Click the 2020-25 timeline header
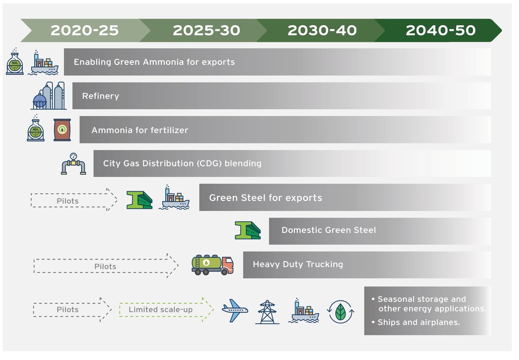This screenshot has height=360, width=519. (x=85, y=30)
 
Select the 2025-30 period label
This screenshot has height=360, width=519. (x=206, y=30)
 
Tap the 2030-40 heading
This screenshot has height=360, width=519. (x=322, y=30)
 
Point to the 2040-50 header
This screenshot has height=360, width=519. (x=441, y=30)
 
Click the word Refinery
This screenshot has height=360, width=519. (x=101, y=96)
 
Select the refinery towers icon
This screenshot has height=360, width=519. (x=49, y=96)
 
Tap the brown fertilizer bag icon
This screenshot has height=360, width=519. (x=62, y=130)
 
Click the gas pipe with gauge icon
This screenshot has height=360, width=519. (x=73, y=164)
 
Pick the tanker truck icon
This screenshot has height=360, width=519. (x=213, y=265)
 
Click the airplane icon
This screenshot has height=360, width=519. (x=235, y=310)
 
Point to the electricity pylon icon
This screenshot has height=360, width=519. (x=267, y=312)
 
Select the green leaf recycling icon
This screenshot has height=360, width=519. (x=340, y=312)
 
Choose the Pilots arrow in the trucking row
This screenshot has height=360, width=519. (x=106, y=266)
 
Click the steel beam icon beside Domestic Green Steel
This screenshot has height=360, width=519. (x=248, y=230)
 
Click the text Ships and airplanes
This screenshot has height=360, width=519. (x=419, y=323)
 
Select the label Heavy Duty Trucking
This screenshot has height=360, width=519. (x=298, y=264)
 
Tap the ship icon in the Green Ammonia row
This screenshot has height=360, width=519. (x=43, y=63)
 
